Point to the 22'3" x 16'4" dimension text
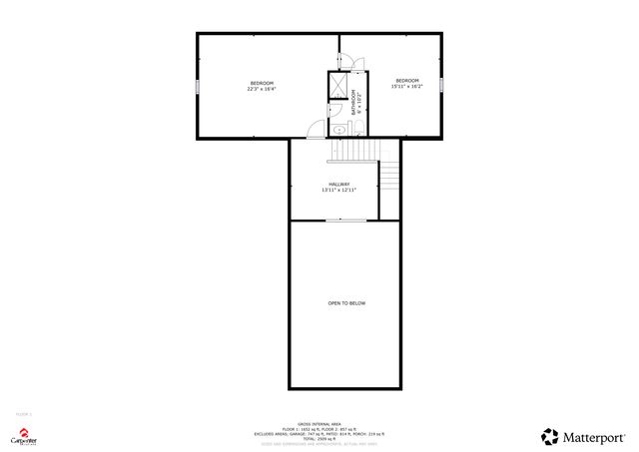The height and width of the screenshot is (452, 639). (262, 89)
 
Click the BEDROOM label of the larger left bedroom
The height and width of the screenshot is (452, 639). (262, 82)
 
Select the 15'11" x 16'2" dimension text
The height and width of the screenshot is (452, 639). (406, 86)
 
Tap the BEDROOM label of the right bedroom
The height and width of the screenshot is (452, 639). (406, 80)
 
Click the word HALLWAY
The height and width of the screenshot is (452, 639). (339, 184)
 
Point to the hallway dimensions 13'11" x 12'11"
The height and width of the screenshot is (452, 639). (339, 190)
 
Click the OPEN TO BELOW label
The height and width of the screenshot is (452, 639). (346, 303)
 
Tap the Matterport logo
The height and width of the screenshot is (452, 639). (583, 436)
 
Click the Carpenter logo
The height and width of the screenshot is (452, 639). (24, 436)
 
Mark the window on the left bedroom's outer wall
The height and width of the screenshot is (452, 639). (198, 86)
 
